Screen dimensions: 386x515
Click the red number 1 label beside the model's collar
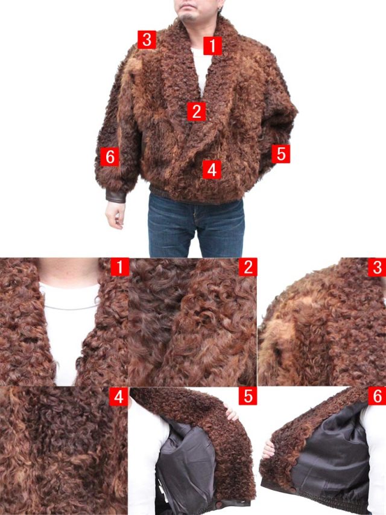(x=213, y=46)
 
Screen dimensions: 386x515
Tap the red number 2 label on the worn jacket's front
(x=197, y=111)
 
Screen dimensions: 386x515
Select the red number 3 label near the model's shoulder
(x=147, y=40)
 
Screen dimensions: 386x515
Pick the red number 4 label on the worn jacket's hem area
(x=212, y=170)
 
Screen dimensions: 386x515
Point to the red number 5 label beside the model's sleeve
(x=281, y=154)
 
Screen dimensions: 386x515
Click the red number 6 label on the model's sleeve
(x=110, y=156)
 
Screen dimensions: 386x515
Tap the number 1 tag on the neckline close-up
(x=120, y=267)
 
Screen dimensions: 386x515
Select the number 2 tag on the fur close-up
(x=248, y=267)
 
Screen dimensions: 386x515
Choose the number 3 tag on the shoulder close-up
(x=377, y=267)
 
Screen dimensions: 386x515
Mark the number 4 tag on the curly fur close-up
(x=118, y=397)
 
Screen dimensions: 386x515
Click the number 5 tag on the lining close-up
(x=248, y=396)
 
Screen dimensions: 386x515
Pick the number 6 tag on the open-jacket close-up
(x=377, y=396)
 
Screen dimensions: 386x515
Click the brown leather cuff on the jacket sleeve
(x=116, y=196)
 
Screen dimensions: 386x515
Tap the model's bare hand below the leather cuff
(x=115, y=214)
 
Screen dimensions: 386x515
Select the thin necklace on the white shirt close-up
(x=71, y=307)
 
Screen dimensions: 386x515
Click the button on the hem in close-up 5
(x=218, y=504)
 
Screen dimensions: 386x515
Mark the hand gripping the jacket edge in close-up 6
(x=268, y=449)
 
